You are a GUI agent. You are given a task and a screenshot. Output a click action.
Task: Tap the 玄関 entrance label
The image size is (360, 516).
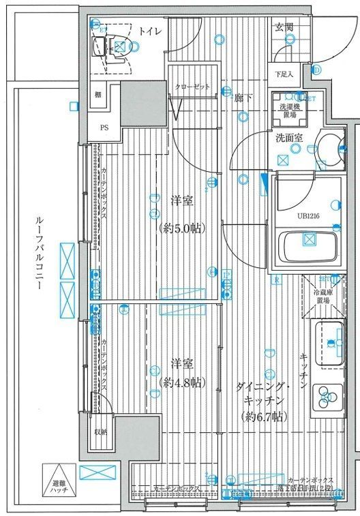pos(284,27)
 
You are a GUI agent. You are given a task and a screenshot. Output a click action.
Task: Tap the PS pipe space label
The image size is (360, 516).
pos(104,127)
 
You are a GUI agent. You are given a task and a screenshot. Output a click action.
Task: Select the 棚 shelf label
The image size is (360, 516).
pos(98,94)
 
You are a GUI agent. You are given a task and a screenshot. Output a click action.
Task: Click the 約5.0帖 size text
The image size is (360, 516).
pos(181,227)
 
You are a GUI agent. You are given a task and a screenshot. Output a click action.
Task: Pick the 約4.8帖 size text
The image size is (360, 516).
pos(180,382)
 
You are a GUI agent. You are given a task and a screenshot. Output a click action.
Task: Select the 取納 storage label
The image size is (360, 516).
pos(100,431)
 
